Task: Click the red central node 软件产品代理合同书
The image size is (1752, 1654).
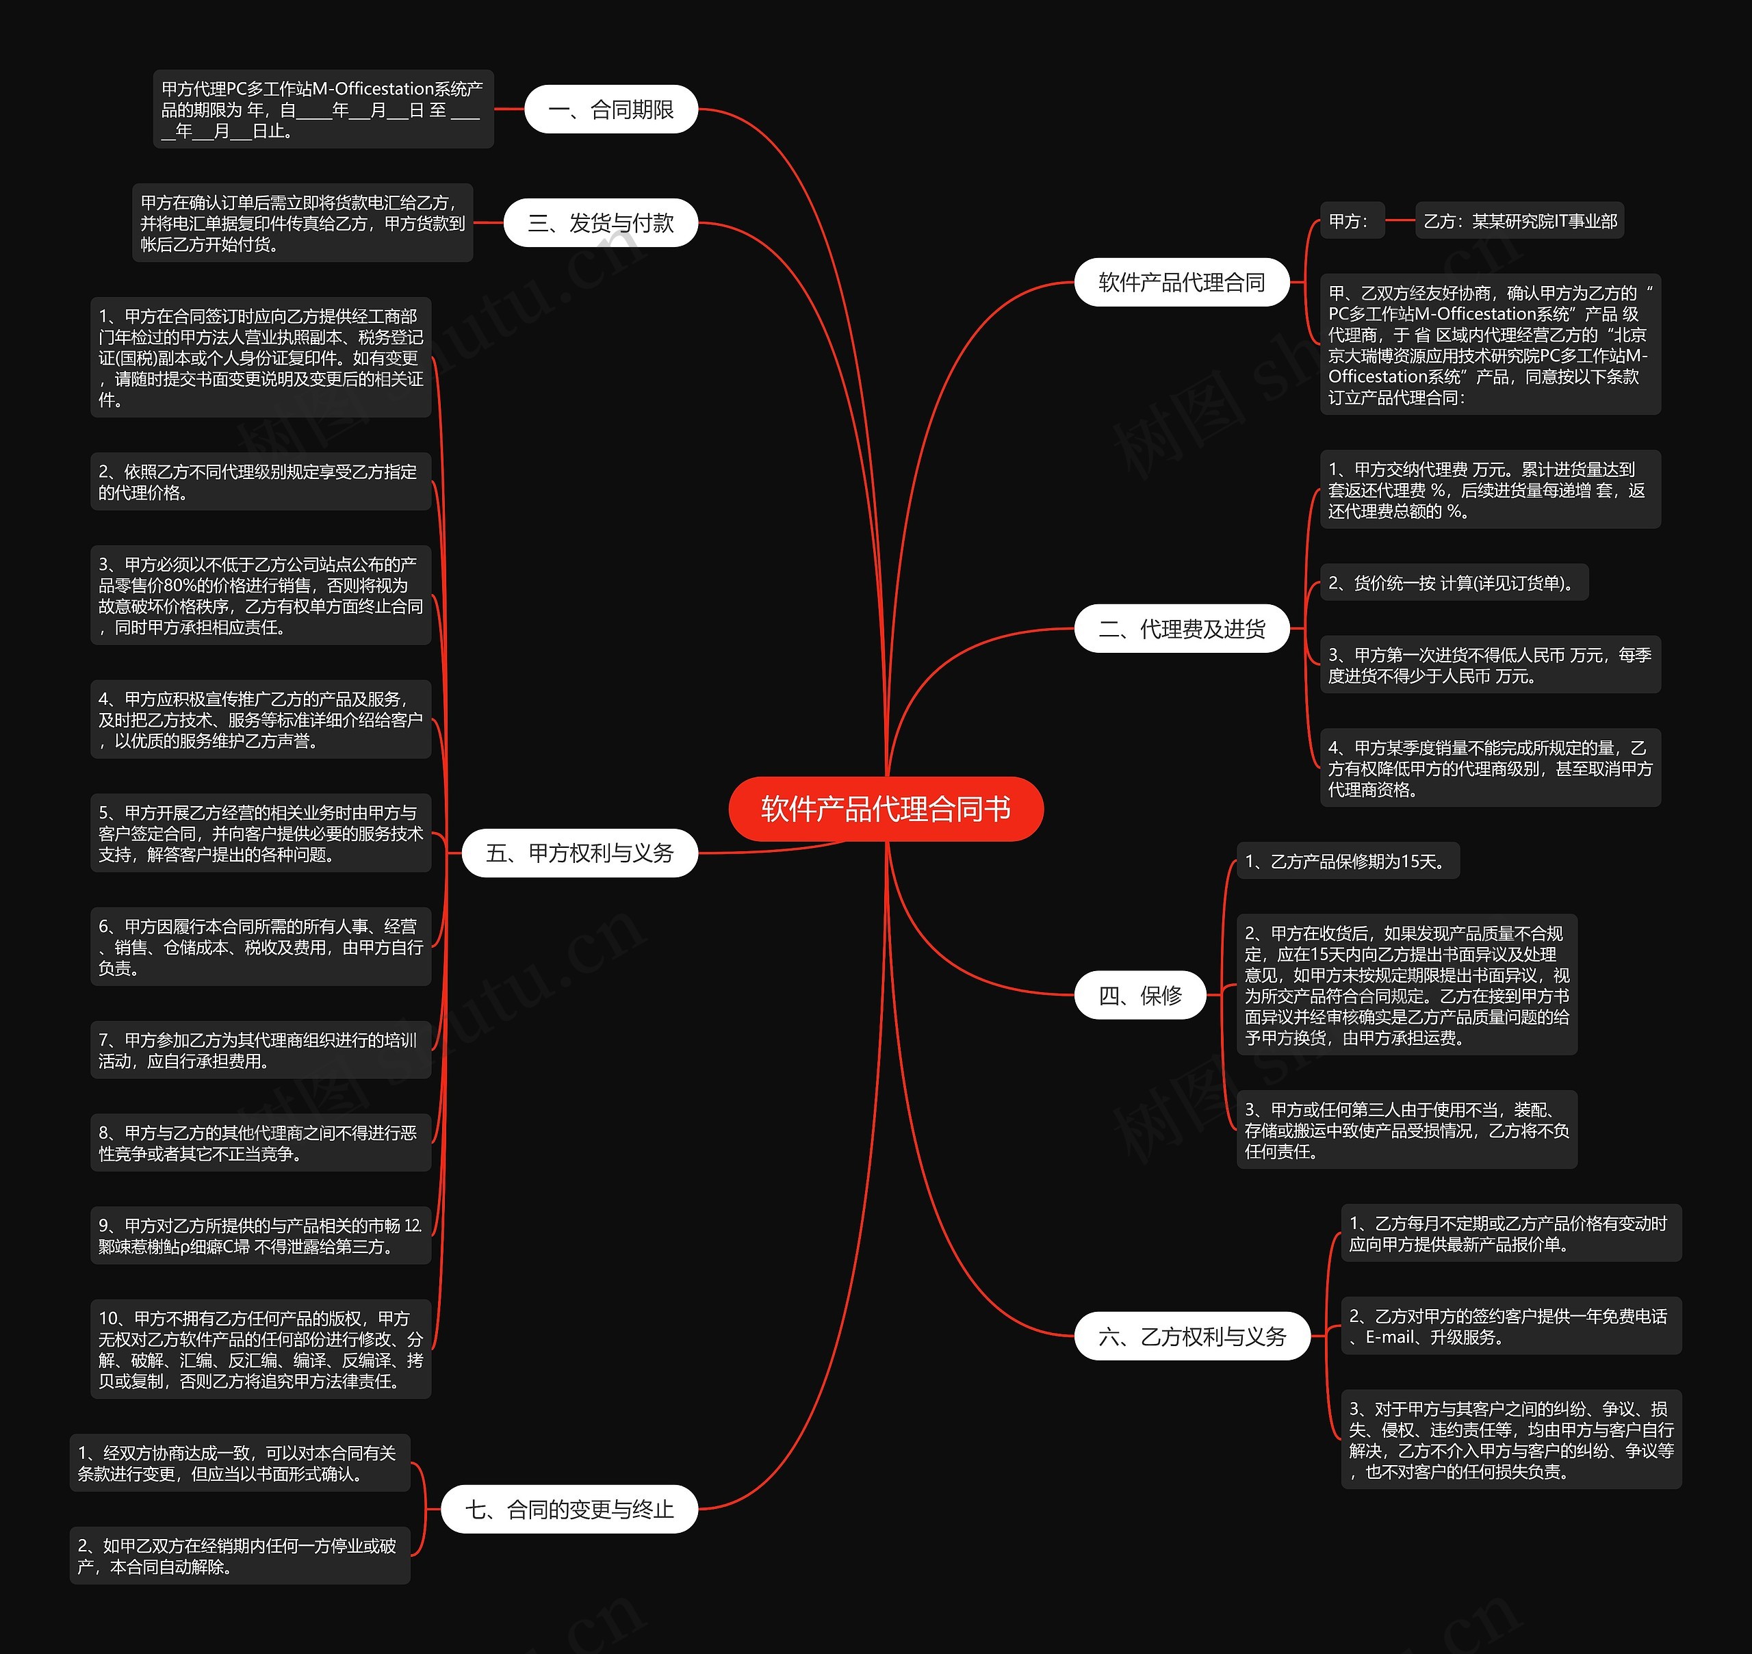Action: point(886,808)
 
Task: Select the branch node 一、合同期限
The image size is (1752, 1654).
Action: point(610,109)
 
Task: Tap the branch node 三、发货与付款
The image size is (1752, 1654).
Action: point(600,223)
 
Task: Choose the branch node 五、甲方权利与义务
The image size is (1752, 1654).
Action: point(579,853)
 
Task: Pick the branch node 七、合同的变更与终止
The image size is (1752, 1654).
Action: point(569,1510)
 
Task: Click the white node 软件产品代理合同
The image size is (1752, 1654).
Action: point(1181,282)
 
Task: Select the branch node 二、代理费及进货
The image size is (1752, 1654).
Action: point(1181,629)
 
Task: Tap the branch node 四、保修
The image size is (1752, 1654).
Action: point(1139,996)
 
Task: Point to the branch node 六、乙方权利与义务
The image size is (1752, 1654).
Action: point(1192,1336)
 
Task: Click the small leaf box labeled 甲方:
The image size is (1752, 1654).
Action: point(1350,221)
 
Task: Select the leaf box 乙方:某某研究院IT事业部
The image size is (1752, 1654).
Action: point(1519,221)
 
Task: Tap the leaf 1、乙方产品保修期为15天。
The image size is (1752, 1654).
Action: point(1348,862)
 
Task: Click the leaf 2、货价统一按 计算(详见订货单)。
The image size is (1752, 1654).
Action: point(1453,583)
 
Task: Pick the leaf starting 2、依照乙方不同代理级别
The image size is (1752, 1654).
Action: point(260,482)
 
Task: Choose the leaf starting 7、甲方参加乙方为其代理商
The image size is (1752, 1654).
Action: point(260,1050)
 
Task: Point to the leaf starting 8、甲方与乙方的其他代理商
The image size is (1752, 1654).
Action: point(260,1143)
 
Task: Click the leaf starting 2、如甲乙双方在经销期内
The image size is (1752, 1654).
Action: point(239,1555)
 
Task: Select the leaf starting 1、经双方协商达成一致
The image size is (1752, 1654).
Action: point(239,1462)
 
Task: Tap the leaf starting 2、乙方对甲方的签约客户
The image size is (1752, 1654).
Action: point(1510,1326)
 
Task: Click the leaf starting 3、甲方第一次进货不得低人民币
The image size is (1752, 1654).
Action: point(1490,664)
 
